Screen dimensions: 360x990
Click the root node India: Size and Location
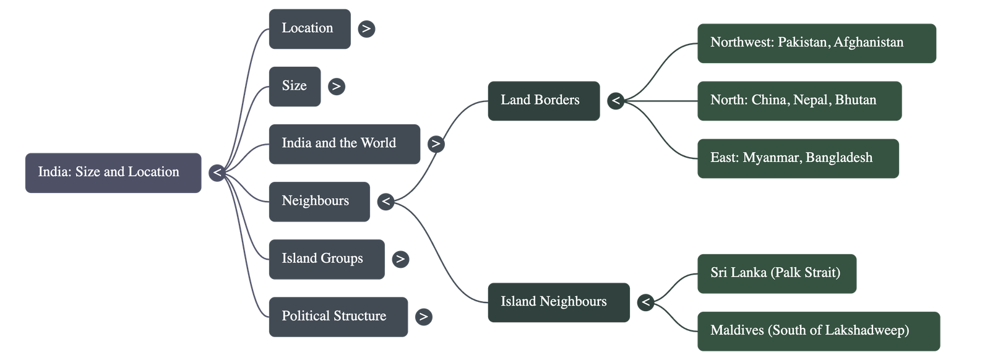pos(113,173)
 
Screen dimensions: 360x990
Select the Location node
pos(309,28)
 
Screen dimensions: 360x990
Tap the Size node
pos(295,86)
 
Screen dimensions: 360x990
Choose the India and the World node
pos(344,144)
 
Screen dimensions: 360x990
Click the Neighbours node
pos(319,201)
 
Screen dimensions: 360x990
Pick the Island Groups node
pos(326,259)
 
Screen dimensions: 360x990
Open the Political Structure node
pos(338,316)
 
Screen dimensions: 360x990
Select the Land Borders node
pos(543,100)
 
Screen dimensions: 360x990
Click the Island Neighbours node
pos(557,302)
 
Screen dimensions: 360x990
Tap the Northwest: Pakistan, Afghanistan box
pos(816,43)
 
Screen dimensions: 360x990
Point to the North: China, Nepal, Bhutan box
pos(799,100)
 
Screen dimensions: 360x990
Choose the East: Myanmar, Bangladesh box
pos(798,158)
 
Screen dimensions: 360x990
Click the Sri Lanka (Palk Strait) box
pos(777,273)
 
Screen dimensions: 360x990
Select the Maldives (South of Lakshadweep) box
pos(818,330)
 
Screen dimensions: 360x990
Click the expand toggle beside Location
pos(366,28)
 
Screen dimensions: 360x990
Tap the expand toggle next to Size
pos(336,86)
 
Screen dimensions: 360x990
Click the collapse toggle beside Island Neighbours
pos(645,302)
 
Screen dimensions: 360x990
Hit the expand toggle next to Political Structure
pos(423,317)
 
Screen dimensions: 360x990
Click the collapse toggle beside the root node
pos(217,173)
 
